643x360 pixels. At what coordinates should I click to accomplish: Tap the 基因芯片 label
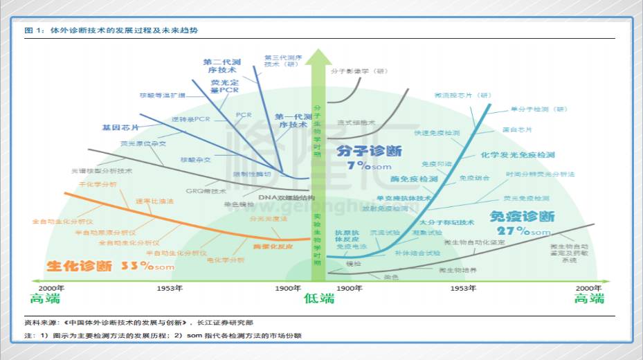click(x=120, y=128)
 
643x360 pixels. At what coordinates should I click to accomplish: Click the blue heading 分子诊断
click(x=369, y=151)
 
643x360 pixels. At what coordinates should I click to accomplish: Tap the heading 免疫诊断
click(x=522, y=216)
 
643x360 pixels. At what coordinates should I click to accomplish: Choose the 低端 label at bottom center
click(x=318, y=298)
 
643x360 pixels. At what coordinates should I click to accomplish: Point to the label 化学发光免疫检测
click(x=518, y=154)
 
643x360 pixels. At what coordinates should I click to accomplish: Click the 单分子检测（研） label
click(x=538, y=109)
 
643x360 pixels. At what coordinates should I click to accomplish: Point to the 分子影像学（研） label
click(x=361, y=71)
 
